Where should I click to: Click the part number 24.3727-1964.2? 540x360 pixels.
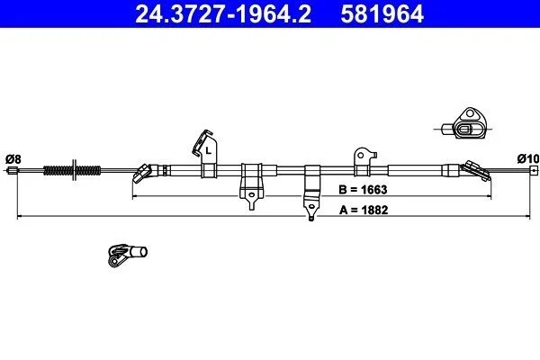point(223,13)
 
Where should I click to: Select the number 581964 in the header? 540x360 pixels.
point(382,13)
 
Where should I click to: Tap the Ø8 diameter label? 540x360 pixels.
point(13,159)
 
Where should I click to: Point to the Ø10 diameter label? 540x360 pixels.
point(528,158)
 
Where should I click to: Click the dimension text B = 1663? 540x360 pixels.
point(363,190)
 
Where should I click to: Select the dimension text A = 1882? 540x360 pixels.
point(364,210)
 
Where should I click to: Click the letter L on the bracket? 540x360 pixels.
point(208,150)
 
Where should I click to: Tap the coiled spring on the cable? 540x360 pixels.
point(72,170)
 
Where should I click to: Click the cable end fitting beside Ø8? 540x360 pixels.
point(13,170)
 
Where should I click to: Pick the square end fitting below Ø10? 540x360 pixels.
point(534,170)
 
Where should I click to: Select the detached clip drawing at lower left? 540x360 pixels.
point(128,255)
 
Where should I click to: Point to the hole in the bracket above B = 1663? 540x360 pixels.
point(361,156)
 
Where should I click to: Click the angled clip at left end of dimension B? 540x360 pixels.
point(142,174)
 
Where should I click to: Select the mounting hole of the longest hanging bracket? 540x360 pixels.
point(311,207)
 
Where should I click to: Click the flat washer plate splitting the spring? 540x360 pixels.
point(74,170)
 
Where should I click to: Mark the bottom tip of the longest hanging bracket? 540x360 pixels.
point(311,220)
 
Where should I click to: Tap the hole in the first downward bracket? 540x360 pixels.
point(252,195)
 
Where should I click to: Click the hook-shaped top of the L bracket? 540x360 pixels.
point(202,142)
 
